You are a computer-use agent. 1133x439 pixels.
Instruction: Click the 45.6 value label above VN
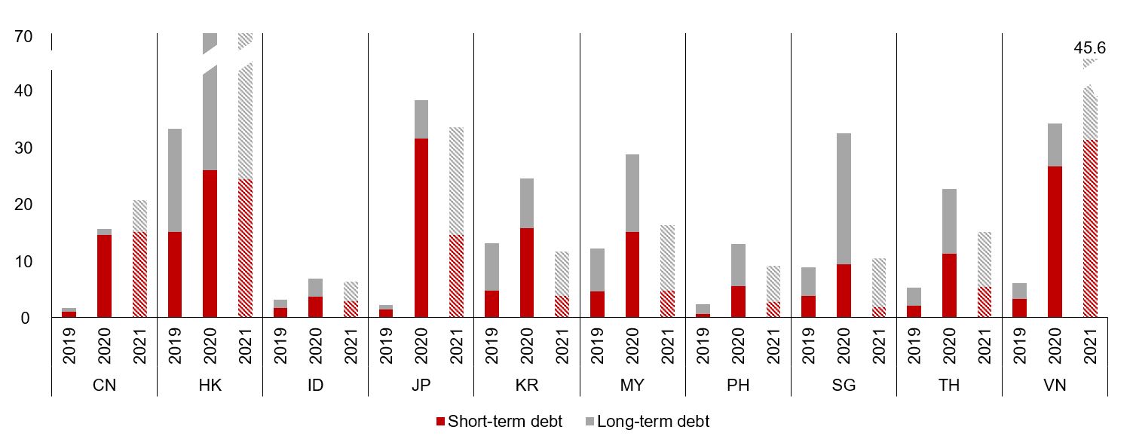1089,48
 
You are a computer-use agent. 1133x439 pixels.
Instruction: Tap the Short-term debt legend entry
499,422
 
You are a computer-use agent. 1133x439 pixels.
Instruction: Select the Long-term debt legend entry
646,422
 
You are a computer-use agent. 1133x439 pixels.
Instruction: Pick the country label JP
421,386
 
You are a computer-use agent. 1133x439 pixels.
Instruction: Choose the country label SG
843,386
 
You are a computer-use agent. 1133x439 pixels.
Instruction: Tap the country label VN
1054,386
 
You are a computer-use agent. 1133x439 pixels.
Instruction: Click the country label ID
315,386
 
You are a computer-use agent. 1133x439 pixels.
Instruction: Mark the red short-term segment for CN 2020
104,276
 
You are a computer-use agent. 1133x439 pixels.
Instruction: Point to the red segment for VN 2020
1054,242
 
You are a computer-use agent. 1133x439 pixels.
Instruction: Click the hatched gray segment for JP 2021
456,181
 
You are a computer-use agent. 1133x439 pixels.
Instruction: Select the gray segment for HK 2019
174,180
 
